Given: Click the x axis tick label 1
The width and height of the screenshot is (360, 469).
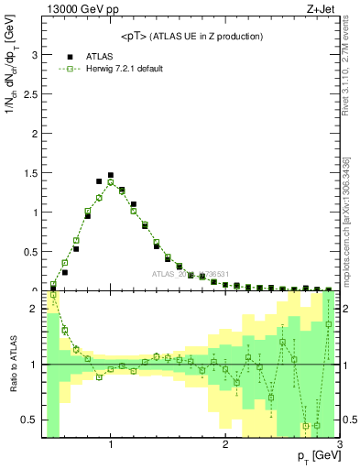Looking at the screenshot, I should coord(111,445).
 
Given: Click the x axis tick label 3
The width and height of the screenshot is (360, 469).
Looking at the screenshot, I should coord(339,445).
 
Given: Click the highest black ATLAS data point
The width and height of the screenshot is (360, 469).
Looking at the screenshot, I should coord(111,175).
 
